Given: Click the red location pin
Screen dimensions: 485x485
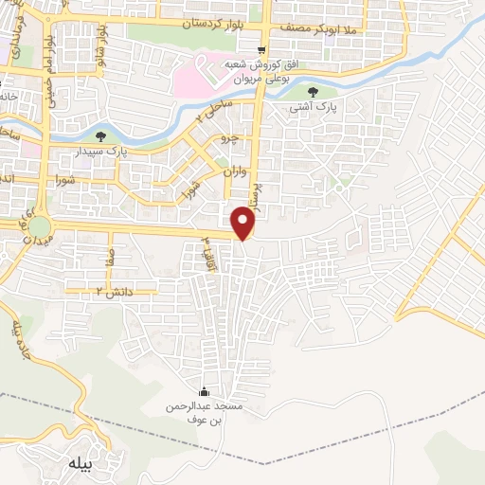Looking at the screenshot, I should (244, 224).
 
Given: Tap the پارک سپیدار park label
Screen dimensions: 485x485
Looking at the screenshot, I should (129, 151).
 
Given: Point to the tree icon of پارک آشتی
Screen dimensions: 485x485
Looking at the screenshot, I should (314, 92).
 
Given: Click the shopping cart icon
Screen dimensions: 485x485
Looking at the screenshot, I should (261, 51).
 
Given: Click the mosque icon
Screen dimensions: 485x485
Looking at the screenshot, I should (203, 393).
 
